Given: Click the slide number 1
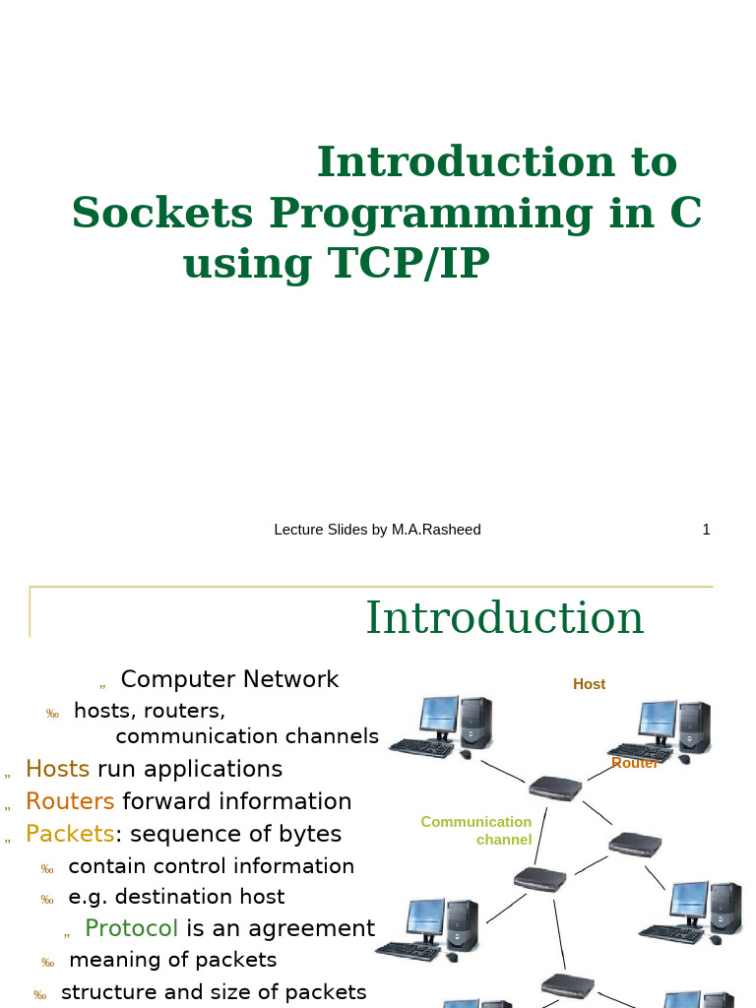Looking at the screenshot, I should (706, 530).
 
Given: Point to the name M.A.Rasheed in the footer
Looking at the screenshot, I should (436, 530).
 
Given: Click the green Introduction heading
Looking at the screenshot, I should (505, 618).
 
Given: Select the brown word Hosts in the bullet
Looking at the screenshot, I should (57, 769).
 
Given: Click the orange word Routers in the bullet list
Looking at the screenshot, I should (70, 801).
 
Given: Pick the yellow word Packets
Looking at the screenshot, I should (70, 834).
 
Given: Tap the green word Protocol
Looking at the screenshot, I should (131, 928).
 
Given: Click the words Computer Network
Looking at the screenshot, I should (229, 679).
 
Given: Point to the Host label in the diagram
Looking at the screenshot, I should (589, 684).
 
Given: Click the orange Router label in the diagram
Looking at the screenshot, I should (634, 763).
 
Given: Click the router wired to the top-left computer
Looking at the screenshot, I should (555, 787).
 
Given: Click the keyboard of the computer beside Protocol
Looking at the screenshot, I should (408, 951).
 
